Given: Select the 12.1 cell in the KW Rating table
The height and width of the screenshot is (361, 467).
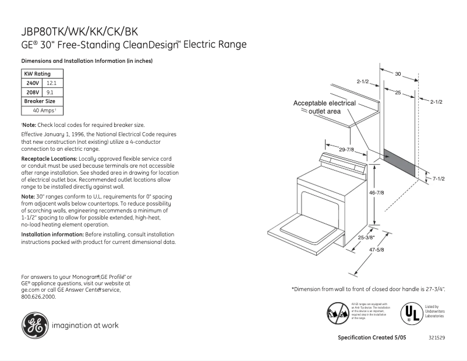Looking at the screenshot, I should point(51,83).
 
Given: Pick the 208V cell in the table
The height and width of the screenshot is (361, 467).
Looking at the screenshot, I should point(32,92).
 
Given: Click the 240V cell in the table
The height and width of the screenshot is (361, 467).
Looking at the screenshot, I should point(32,83).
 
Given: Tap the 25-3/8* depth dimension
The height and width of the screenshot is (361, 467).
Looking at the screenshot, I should point(367,237).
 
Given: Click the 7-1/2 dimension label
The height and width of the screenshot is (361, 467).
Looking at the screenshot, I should point(438,178).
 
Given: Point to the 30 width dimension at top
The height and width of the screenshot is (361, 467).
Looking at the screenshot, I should point(398,74).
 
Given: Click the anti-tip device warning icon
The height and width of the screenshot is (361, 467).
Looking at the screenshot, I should point(338,313).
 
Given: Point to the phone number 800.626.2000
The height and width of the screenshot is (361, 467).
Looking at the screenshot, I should point(39,296).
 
